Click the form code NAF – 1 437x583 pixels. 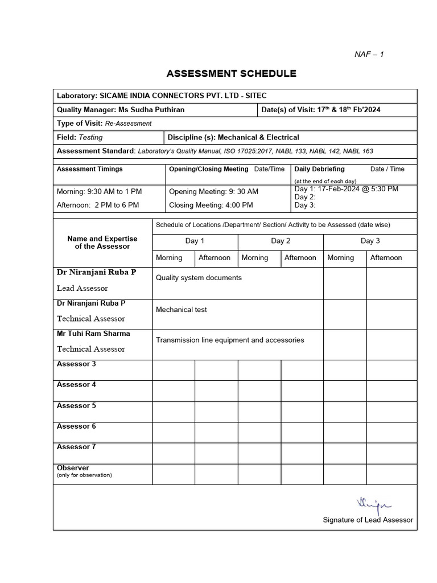[369, 54]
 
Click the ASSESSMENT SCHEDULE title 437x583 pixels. [231, 73]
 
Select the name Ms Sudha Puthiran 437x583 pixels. [151, 110]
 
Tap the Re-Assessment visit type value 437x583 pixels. [128, 124]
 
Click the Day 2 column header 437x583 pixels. [281, 241]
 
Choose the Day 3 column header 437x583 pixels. [370, 241]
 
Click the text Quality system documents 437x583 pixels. [199, 278]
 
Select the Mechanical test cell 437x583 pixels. [182, 310]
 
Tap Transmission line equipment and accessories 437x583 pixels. [230, 340]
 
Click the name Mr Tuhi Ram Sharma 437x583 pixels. [93, 334]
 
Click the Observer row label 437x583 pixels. [73, 468]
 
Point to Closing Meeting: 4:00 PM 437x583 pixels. [211, 205]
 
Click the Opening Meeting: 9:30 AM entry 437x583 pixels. [213, 192]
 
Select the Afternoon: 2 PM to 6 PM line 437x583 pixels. [98, 205]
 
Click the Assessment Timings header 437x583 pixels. [90, 169]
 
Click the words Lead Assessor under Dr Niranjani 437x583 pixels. [82, 289]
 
